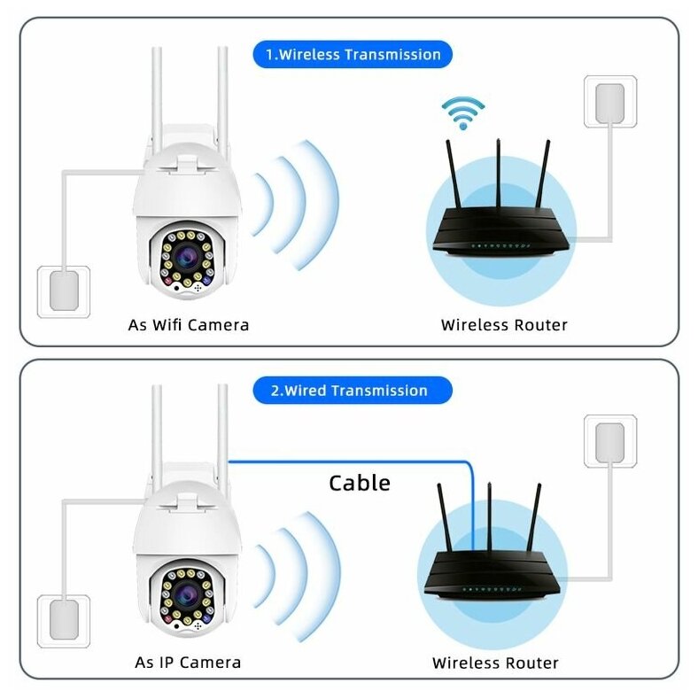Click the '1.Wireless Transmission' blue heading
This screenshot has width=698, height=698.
[x=353, y=55]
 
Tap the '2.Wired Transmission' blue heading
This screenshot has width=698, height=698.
[x=353, y=391]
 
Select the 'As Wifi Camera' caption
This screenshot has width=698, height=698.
[x=189, y=325]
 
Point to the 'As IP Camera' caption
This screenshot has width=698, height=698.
[x=188, y=662]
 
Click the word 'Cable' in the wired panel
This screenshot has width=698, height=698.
[x=359, y=483]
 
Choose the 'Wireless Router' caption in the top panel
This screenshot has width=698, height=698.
[x=504, y=325]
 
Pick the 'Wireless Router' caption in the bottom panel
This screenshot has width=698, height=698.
[x=495, y=662]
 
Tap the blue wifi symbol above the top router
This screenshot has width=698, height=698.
[x=463, y=112]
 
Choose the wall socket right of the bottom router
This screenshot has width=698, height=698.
[x=609, y=440]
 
